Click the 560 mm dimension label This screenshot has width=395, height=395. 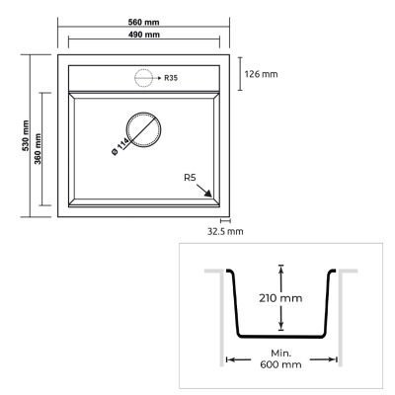coord(144,22)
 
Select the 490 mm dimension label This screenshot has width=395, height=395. coord(144,36)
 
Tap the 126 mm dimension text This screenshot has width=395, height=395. coord(262,73)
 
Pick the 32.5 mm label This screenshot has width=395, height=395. coord(224,231)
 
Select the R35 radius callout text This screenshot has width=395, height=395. coord(171,77)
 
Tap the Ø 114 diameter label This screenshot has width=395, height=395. coord(120,148)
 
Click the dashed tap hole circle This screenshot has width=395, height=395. coord(143,77)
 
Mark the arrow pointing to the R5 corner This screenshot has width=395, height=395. coord(209,192)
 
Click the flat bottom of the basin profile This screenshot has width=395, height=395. coord(281,336)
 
